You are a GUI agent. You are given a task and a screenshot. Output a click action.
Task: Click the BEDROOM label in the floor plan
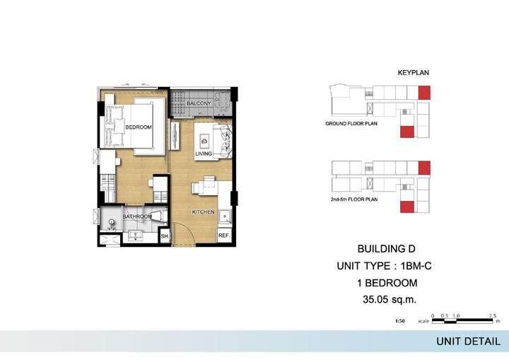click(139, 127)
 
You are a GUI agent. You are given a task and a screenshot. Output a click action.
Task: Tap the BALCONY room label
click(199, 103)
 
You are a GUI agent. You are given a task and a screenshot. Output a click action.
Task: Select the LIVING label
click(204, 153)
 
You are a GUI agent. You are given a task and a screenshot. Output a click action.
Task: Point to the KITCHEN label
click(203, 212)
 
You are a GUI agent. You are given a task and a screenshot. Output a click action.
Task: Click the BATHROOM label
click(137, 216)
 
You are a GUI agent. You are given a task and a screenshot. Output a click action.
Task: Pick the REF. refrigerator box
click(224, 236)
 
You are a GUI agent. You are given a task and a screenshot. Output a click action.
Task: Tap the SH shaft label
click(165, 236)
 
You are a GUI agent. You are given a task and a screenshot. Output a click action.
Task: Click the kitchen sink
click(225, 216)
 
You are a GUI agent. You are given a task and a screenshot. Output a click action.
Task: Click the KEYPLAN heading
click(414, 73)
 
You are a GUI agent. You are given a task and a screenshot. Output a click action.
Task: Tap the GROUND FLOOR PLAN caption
click(351, 124)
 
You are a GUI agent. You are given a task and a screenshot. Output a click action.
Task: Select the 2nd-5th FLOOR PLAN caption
click(354, 199)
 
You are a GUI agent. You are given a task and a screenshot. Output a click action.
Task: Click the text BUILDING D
click(386, 249)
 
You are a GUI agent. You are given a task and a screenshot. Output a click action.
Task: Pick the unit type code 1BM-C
click(416, 266)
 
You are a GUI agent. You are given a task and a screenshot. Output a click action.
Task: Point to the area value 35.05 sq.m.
click(390, 299)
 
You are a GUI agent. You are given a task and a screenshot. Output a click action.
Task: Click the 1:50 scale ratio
click(400, 321)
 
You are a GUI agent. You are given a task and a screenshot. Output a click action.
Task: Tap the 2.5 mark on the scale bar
click(493, 316)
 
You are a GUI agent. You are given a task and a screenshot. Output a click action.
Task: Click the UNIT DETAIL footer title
click(468, 342)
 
